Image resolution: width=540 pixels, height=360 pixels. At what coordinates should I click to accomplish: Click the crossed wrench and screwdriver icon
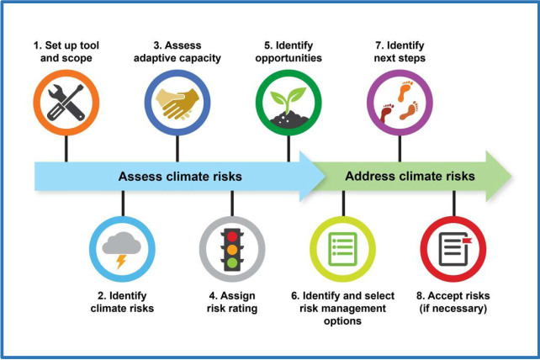click(x=66, y=103)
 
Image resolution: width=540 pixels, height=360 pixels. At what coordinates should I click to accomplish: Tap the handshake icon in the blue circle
click(x=177, y=103)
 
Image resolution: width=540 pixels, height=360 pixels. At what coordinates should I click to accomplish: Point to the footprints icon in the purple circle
click(x=400, y=102)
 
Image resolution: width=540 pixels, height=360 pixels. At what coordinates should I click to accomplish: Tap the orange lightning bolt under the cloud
click(x=121, y=262)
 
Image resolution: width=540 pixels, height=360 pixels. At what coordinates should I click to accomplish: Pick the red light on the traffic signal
click(x=232, y=236)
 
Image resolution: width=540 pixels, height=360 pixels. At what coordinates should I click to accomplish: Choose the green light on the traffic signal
click(x=232, y=263)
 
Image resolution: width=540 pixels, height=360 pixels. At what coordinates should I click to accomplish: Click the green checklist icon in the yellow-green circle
click(x=342, y=249)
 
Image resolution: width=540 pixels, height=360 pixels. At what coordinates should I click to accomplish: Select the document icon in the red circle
click(x=454, y=249)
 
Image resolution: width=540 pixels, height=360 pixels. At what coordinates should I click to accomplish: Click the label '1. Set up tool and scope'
click(x=66, y=51)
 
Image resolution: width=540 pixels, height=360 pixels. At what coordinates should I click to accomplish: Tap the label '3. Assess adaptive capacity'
click(x=177, y=51)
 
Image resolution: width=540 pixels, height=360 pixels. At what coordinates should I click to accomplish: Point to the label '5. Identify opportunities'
click(x=289, y=51)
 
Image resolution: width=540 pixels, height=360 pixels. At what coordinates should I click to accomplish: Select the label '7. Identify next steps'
click(x=400, y=51)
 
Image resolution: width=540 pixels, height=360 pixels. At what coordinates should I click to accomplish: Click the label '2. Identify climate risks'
click(x=122, y=302)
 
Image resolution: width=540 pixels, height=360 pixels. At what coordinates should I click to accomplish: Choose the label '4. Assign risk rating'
click(x=232, y=302)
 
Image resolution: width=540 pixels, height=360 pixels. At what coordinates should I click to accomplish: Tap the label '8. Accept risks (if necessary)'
click(x=453, y=302)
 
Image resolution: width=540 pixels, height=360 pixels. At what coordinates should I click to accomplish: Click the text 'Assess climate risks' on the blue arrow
click(x=180, y=177)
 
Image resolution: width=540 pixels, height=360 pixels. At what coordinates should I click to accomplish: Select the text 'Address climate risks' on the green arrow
click(x=410, y=176)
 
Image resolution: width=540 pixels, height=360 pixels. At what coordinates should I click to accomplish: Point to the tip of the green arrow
click(x=511, y=176)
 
